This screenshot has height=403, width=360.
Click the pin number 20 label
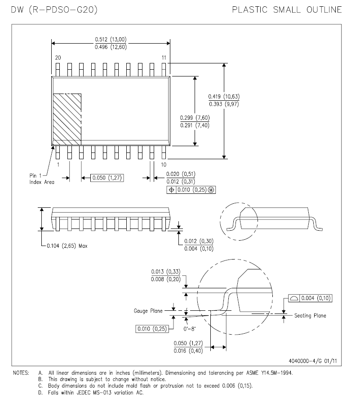(x=58, y=58)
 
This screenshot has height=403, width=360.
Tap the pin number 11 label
(x=164, y=58)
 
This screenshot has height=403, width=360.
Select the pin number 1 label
(x=58, y=165)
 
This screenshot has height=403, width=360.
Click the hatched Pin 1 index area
(x=67, y=119)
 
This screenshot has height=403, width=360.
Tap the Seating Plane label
(x=310, y=316)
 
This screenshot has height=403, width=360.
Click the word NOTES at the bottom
(x=21, y=373)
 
